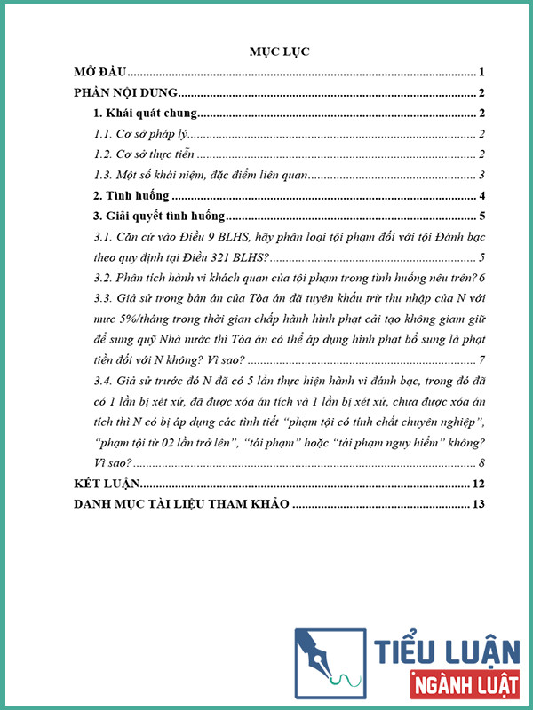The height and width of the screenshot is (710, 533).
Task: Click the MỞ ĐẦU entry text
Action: pos(101,73)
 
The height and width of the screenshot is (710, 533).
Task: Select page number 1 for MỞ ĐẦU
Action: pos(481,73)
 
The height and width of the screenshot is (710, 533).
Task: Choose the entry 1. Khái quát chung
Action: pos(145,114)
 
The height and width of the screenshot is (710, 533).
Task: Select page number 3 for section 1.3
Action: pos(481,175)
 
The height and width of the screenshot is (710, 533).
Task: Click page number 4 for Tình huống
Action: pos(481,195)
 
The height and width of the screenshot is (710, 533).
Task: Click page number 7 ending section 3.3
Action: pos(481,360)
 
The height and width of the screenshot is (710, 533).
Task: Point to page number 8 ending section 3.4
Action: pos(481,462)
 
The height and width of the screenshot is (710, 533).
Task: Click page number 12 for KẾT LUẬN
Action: pos(477,484)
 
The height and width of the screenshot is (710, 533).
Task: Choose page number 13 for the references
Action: pos(477,505)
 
